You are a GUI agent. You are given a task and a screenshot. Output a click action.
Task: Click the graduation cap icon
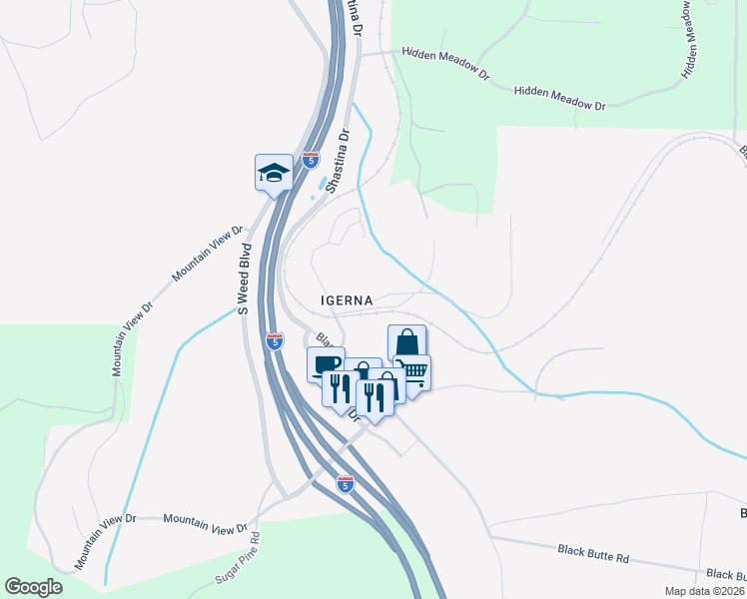(274, 174)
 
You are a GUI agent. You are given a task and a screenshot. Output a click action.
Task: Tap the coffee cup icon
(325, 365)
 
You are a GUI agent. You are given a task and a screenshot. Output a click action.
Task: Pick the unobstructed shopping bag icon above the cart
(406, 342)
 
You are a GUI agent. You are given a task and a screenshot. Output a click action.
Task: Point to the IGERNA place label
(347, 299)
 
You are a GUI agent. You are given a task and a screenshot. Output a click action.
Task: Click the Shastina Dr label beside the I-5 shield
(341, 158)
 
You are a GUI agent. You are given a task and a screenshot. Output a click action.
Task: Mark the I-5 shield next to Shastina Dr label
(313, 160)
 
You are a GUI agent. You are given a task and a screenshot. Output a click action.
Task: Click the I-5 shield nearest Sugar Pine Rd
(346, 484)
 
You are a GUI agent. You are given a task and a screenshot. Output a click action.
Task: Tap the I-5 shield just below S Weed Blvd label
(274, 341)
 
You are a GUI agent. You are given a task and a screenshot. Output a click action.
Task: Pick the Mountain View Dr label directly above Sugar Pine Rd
(205, 523)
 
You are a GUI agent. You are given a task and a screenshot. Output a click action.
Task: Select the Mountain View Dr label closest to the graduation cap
(208, 254)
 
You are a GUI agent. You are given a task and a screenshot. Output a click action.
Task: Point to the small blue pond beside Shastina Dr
(322, 186)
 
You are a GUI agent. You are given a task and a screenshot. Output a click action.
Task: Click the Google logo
(33, 587)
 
